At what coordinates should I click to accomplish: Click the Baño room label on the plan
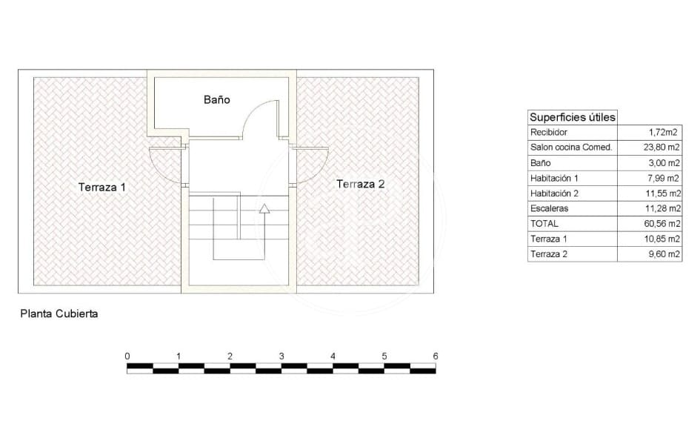pyautogui.click(x=217, y=99)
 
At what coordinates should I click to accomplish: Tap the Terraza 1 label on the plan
pyautogui.click(x=101, y=188)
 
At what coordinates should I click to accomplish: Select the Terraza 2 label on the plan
pyautogui.click(x=360, y=184)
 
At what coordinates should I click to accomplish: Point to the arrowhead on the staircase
pyautogui.click(x=264, y=209)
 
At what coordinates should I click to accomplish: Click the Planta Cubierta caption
pyautogui.click(x=59, y=314)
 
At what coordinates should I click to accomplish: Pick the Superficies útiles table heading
pyautogui.click(x=572, y=117)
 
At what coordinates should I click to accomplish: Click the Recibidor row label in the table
pyautogui.click(x=549, y=133)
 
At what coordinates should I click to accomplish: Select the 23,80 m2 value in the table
pyautogui.click(x=663, y=147)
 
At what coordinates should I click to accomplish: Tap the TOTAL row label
pyautogui.click(x=544, y=224)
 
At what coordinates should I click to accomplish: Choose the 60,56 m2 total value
pyautogui.click(x=663, y=224)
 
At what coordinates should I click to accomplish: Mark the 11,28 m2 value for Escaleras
pyautogui.click(x=663, y=209)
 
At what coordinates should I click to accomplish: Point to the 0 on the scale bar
pyautogui.click(x=127, y=357)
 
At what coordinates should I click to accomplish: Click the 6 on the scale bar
pyautogui.click(x=436, y=357)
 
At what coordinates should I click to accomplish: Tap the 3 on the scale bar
pyautogui.click(x=281, y=357)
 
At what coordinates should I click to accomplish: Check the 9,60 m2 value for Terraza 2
pyautogui.click(x=664, y=254)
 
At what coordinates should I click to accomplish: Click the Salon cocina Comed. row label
pyautogui.click(x=571, y=147)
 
